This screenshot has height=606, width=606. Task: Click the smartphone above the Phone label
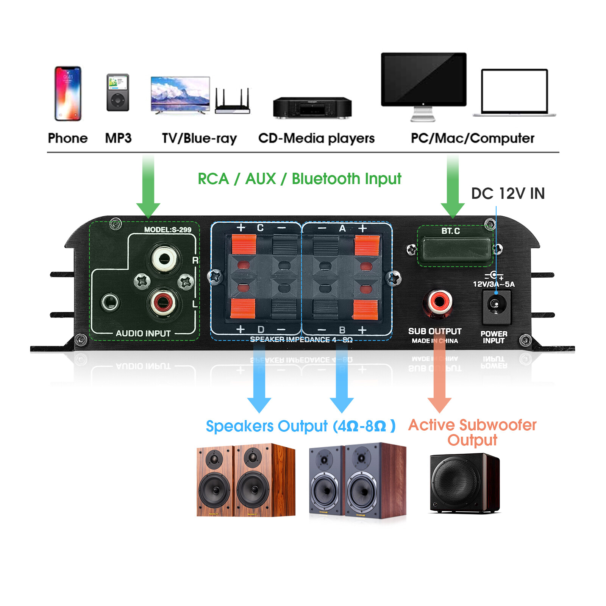[x=68, y=94]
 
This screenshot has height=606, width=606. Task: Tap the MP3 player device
[x=118, y=92]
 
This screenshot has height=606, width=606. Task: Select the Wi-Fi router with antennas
[x=233, y=102]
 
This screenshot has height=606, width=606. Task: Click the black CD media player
[x=312, y=108]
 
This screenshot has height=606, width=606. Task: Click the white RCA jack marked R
[x=164, y=259]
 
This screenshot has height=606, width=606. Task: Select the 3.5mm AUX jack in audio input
[x=110, y=303]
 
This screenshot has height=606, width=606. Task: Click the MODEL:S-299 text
[x=167, y=230]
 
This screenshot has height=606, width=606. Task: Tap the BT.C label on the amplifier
[x=450, y=231]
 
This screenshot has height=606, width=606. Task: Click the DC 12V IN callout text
[x=508, y=194]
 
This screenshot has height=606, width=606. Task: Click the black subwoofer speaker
[x=464, y=483]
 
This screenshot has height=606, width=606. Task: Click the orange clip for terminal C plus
[x=244, y=244]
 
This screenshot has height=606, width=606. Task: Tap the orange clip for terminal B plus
[x=365, y=309]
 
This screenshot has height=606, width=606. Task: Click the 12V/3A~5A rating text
[x=494, y=284]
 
